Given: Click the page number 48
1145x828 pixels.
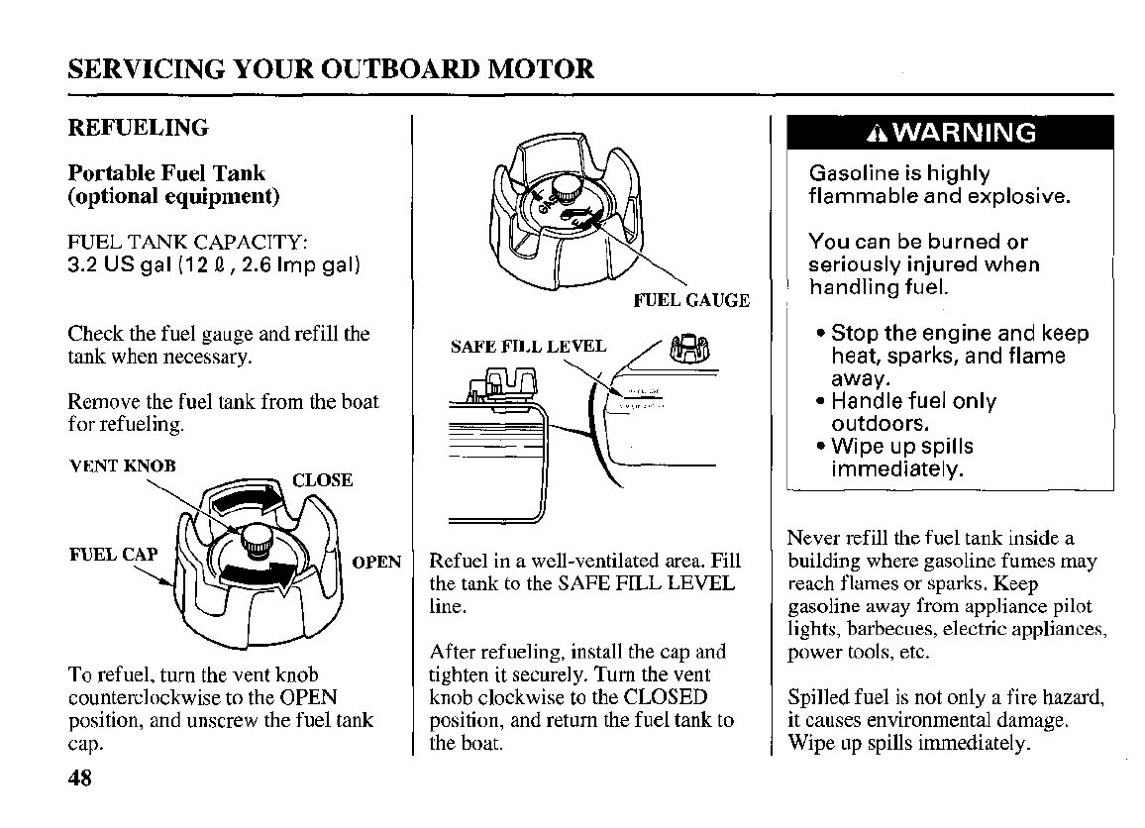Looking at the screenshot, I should [x=79, y=777].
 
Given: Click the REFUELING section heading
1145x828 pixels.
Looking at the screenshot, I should [x=138, y=128].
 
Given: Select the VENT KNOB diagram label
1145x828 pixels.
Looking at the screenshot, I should [x=123, y=466].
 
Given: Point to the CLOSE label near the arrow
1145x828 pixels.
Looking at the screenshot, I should [x=323, y=480].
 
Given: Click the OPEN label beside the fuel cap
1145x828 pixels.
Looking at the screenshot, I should [x=377, y=562].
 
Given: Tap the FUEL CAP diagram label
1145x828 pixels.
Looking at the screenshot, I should [x=113, y=554].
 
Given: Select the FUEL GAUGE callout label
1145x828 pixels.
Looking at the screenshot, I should [x=691, y=300].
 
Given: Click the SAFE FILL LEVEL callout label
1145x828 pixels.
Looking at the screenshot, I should [x=528, y=347].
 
